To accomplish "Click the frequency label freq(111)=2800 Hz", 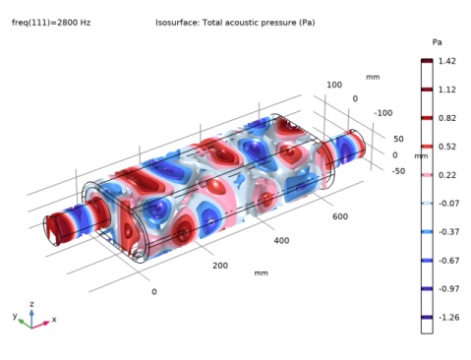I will click(x=51, y=21).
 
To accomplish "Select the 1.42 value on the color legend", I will click(x=446, y=61).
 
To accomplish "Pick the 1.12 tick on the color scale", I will click(x=446, y=90).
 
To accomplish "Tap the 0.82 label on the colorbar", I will click(x=446, y=118).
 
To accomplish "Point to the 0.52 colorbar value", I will click(x=446, y=147).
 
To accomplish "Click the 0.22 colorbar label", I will click(x=446, y=175).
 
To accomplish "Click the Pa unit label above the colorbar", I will click(x=438, y=43).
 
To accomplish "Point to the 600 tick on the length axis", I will click(x=340, y=216).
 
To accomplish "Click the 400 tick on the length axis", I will click(x=281, y=240).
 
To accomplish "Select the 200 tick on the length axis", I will click(x=219, y=266).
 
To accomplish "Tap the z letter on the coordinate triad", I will click(x=31, y=305).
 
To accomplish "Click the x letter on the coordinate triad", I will click(x=54, y=320).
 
